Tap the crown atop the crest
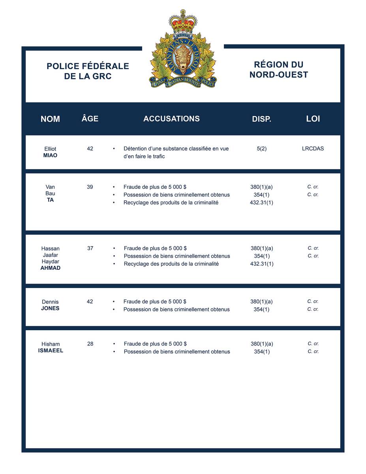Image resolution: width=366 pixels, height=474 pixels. (182, 22)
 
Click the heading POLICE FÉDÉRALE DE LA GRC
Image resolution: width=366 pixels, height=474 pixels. (88, 71)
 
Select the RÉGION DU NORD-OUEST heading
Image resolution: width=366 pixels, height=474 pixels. (279, 70)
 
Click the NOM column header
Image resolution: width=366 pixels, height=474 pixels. (50, 119)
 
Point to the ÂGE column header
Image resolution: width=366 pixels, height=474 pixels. (90, 118)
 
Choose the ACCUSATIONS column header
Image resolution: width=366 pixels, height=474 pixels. (171, 118)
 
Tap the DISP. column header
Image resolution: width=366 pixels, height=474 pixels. (261, 119)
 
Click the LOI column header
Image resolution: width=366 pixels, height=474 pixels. (313, 118)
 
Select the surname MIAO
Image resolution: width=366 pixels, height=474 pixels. (50, 156)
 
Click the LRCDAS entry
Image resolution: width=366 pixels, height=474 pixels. (313, 149)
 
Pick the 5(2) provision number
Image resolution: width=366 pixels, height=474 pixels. (261, 149)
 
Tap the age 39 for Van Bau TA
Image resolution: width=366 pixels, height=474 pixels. (90, 187)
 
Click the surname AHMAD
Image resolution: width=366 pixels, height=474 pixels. (50, 268)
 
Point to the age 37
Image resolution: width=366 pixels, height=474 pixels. (90, 248)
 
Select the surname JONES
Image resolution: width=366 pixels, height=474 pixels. (50, 308)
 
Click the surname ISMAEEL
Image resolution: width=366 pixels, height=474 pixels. (51, 350)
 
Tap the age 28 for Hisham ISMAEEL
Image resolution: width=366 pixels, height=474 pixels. (90, 344)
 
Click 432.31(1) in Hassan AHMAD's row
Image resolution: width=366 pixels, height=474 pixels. (262, 264)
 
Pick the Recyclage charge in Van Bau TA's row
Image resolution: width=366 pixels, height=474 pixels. (171, 203)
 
